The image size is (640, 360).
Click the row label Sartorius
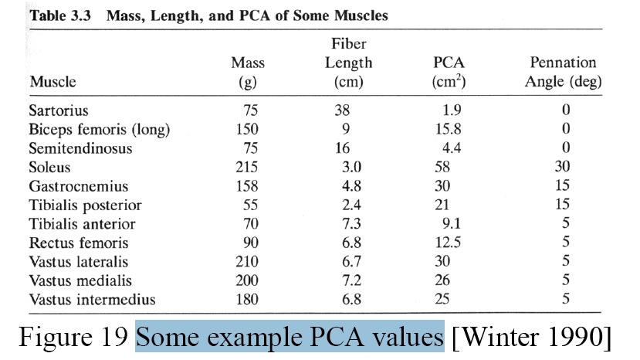click(59, 110)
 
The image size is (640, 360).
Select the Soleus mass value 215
click(247, 167)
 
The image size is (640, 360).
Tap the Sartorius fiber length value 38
click(342, 110)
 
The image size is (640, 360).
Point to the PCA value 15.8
click(449, 129)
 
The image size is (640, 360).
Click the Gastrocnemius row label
click(79, 186)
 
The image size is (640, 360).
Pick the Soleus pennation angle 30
click(562, 166)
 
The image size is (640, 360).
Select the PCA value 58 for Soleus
click(442, 167)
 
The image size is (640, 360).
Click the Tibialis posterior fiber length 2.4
click(351, 205)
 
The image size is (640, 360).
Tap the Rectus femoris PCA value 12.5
click(448, 243)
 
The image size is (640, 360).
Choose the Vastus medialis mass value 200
click(247, 280)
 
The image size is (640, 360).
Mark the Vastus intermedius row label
click(92, 300)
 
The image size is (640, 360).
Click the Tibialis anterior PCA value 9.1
click(452, 223)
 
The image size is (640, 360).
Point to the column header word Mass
click(248, 63)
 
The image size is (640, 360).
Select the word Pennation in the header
click(563, 63)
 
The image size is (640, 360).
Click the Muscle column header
click(52, 82)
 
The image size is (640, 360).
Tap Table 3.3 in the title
click(60, 15)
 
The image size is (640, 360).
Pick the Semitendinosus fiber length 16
click(342, 148)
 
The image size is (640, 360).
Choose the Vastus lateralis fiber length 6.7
click(351, 262)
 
